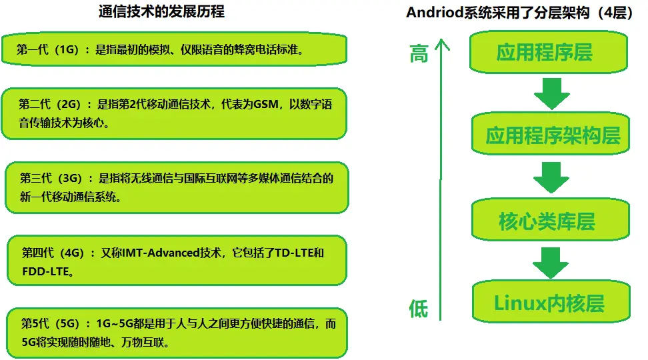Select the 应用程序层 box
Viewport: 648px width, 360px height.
544,52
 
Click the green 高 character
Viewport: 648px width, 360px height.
418,54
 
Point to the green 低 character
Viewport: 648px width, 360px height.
418,309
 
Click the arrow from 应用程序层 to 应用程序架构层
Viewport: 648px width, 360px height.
551,94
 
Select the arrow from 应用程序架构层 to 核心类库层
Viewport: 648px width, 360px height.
551,178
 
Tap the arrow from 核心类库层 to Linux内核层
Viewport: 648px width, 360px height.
551,263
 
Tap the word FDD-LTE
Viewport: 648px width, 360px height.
46,271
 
